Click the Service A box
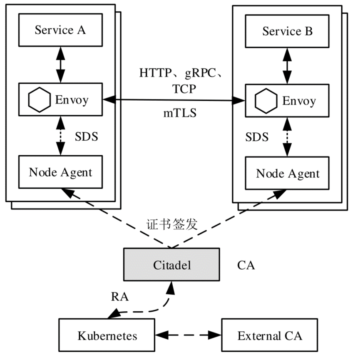coord(61,30)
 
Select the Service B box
coord(287,32)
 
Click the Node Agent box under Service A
coord(61,172)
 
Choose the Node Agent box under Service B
coord(287,173)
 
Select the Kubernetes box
coord(107,335)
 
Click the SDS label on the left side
coord(86,137)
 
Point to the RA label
coord(119,297)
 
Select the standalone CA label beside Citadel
coord(246,265)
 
